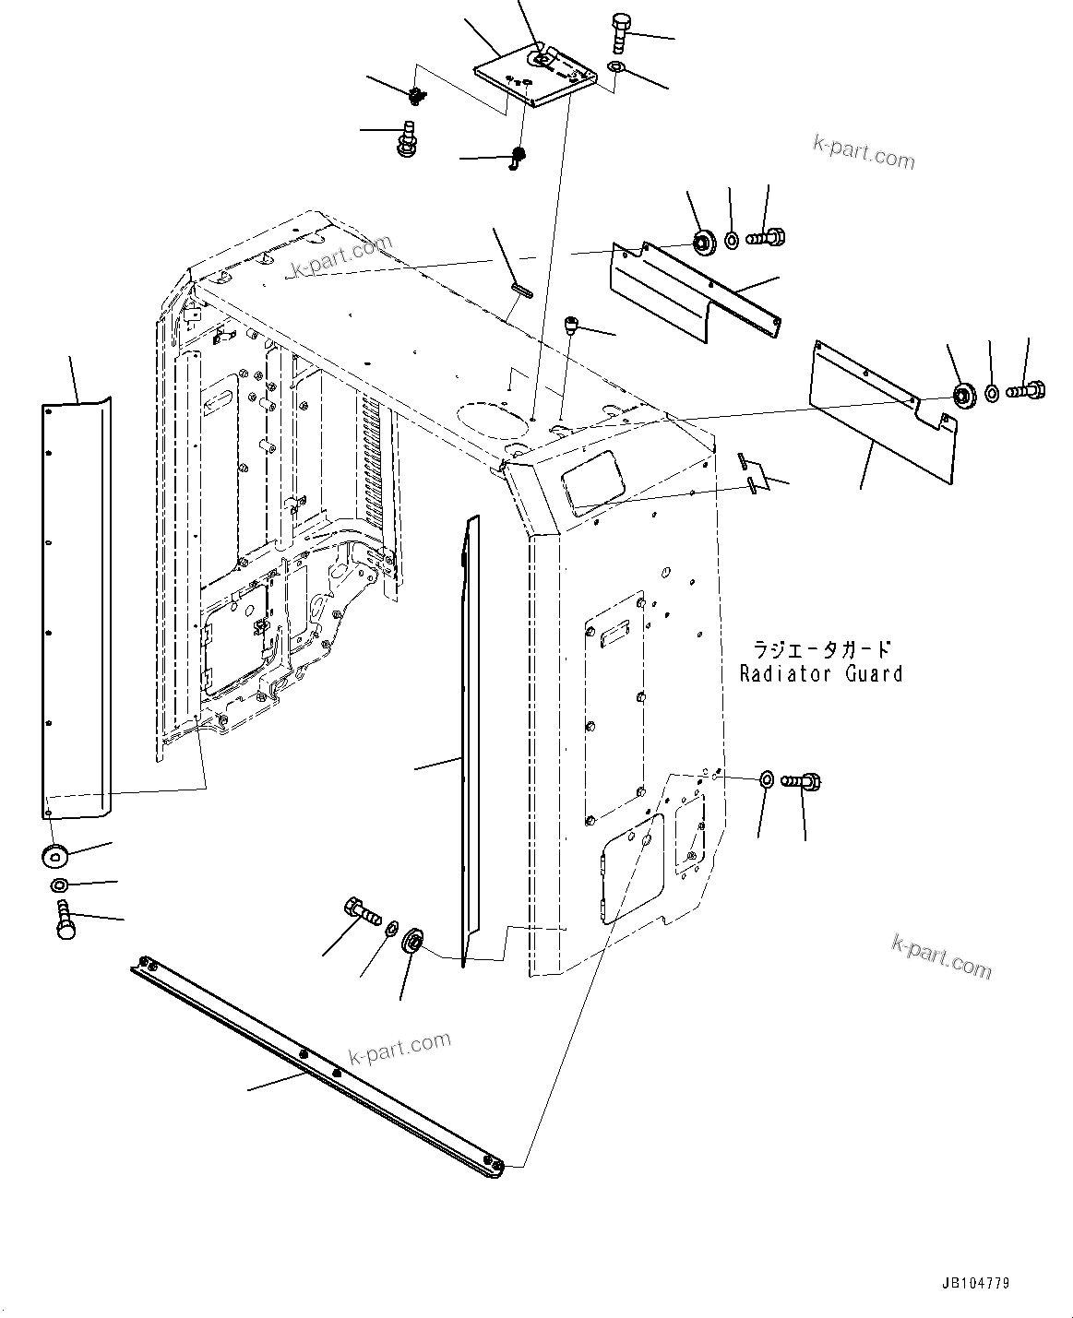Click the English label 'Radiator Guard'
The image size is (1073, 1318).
pyautogui.click(x=820, y=674)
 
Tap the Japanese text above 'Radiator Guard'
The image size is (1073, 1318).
pyautogui.click(x=820, y=648)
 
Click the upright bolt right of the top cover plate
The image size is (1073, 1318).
pyautogui.click(x=618, y=36)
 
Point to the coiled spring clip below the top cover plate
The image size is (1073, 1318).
pyautogui.click(x=518, y=158)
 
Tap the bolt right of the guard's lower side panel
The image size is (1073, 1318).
pyautogui.click(x=802, y=782)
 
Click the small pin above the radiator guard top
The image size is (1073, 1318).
pyautogui.click(x=521, y=290)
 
